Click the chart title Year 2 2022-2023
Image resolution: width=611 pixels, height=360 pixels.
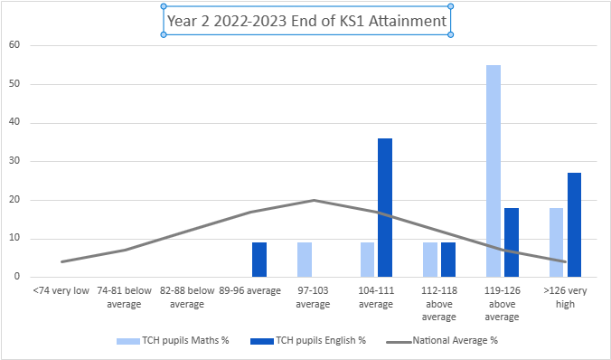[x=306, y=21]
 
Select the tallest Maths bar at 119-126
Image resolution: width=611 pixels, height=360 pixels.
[x=493, y=171]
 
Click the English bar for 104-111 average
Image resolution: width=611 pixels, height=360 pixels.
[x=385, y=207]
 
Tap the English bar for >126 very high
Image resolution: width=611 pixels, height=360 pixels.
[x=574, y=224]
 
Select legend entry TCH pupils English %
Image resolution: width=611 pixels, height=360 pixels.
[x=316, y=341]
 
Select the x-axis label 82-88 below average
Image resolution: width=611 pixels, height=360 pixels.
[x=187, y=298]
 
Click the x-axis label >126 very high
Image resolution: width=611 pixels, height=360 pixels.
[x=565, y=298]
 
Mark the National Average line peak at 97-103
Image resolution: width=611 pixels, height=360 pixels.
[x=314, y=200]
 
